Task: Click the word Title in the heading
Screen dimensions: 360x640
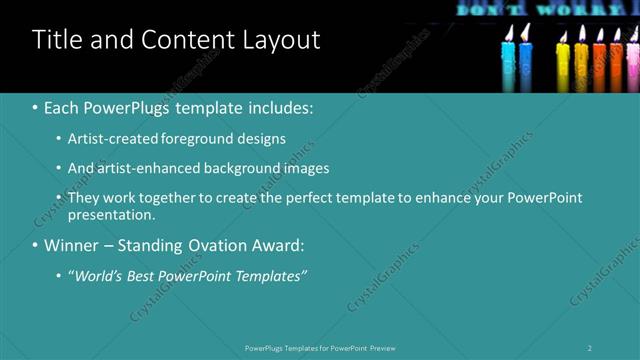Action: click(x=58, y=40)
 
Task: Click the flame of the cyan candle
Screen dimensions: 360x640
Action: click(x=509, y=33)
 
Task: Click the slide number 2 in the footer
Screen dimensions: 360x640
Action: click(x=590, y=348)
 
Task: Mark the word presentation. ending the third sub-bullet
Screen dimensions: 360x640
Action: click(x=111, y=214)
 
